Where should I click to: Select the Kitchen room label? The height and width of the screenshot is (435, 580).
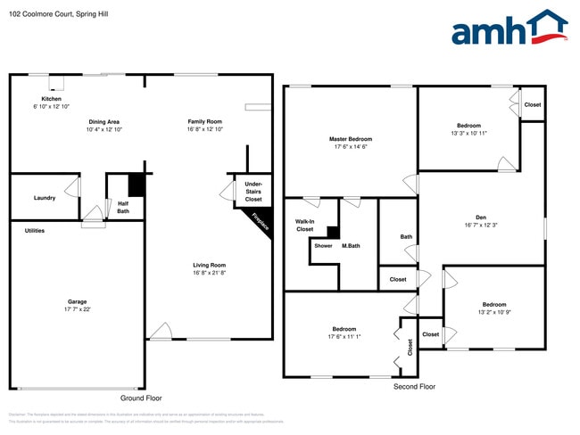(51, 99)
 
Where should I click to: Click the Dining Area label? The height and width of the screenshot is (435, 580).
(104, 121)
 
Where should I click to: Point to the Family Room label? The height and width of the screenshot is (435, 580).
(204, 121)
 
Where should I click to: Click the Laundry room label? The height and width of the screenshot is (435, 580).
(45, 198)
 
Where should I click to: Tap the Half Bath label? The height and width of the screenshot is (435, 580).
(123, 207)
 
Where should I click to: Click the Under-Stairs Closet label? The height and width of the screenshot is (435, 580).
(253, 192)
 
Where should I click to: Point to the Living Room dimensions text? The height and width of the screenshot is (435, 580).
(210, 273)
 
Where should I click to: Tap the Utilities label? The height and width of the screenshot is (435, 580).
(34, 231)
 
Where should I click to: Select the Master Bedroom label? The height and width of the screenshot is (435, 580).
(350, 139)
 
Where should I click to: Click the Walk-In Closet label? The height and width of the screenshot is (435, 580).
(305, 225)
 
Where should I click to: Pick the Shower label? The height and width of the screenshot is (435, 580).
(323, 246)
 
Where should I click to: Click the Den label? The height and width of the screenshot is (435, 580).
(480, 217)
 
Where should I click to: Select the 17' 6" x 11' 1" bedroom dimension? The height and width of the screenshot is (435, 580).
(344, 337)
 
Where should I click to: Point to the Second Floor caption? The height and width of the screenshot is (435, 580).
(414, 388)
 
